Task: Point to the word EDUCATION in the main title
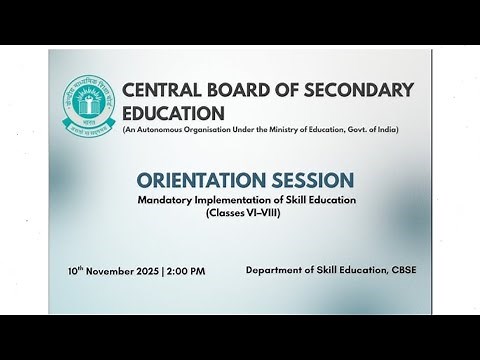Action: (173, 114)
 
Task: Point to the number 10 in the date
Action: (73, 271)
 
